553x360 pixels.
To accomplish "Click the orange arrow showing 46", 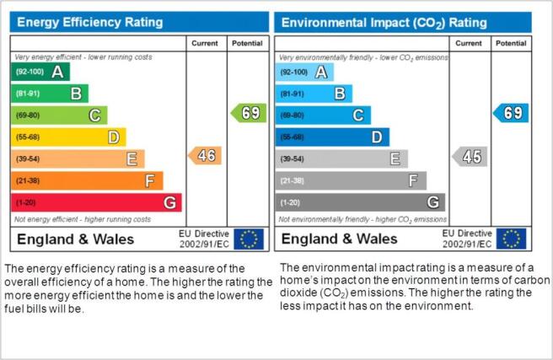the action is (x=205, y=155).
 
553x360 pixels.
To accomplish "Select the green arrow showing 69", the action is (x=249, y=113).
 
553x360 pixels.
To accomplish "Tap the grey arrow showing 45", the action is (x=470, y=157).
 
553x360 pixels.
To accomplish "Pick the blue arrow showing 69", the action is (x=511, y=113).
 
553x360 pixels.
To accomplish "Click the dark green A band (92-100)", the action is (x=40, y=72).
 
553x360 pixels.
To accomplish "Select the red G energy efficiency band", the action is (x=97, y=202).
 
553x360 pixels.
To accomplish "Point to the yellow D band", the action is (x=69, y=137).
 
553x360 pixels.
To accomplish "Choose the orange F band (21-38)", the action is (x=87, y=180).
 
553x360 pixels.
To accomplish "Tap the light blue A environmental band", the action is (x=304, y=72).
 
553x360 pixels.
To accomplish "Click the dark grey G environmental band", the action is (x=360, y=202).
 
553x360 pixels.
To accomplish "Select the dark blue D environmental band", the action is (x=332, y=137).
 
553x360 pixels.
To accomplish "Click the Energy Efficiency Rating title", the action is (x=90, y=22).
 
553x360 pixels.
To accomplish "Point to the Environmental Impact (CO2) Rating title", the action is (x=384, y=23).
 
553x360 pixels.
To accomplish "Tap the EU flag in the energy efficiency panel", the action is (x=249, y=239).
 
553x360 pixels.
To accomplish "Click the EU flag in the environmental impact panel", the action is (x=512, y=239).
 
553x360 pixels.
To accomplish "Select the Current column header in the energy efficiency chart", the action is (x=205, y=43).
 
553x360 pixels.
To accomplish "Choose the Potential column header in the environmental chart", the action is (x=511, y=43).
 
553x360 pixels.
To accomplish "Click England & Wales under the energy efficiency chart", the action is (x=76, y=239).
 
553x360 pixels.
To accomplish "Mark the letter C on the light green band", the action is (x=94, y=116).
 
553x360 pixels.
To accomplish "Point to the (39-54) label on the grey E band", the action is (x=292, y=159).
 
